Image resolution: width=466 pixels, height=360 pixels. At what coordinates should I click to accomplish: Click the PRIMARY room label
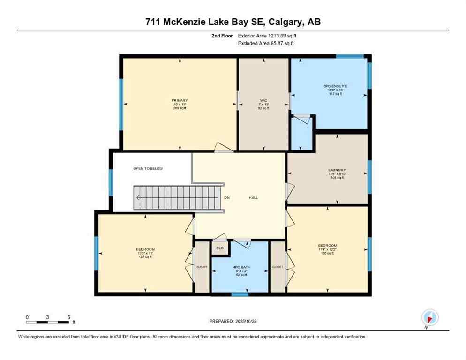pyautogui.click(x=180, y=100)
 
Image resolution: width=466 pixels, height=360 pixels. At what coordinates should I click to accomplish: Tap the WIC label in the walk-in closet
pyautogui.click(x=264, y=100)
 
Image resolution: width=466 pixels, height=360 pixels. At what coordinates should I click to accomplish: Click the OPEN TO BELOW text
pyautogui.click(x=148, y=168)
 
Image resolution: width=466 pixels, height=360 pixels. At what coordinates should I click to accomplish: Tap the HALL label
pyautogui.click(x=253, y=197)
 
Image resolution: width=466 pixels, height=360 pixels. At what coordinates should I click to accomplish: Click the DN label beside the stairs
pyautogui.click(x=226, y=197)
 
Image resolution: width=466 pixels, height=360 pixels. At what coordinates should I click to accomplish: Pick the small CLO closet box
pyautogui.click(x=219, y=247)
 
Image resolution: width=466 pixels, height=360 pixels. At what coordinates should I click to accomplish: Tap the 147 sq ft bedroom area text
pyautogui.click(x=145, y=257)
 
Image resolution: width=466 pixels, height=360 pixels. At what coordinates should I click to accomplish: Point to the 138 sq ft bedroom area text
pyautogui.click(x=327, y=253)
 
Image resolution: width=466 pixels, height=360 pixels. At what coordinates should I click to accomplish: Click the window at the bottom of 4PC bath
pyautogui.click(x=240, y=294)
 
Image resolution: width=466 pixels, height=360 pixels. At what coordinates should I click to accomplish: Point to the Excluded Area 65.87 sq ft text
pyautogui.click(x=266, y=43)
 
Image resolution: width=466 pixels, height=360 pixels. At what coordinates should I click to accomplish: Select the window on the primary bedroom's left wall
pyautogui.click(x=120, y=104)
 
